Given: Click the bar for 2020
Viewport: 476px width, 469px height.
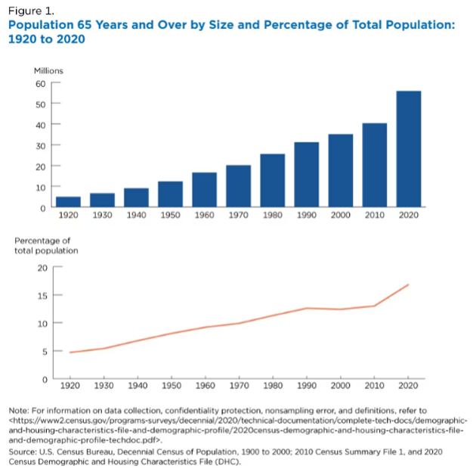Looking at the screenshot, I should point(408,148).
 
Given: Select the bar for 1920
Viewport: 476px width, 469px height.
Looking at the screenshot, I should point(68,201).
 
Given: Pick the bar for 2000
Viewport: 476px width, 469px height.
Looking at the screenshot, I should point(340,170).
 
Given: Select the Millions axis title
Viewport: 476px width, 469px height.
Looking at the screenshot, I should point(48,70).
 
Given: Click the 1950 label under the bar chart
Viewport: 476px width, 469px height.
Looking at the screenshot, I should point(170,216).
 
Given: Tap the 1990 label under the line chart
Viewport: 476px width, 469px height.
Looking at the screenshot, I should point(306,387).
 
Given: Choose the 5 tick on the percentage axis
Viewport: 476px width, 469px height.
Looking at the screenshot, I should point(44,351).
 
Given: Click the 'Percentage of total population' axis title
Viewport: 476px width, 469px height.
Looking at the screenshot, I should point(46,245).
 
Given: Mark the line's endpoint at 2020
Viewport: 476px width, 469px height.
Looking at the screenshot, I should point(409,284).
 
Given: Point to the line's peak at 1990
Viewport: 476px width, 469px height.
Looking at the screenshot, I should point(306,308).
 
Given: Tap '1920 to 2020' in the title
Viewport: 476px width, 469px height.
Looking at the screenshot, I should point(46,39).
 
